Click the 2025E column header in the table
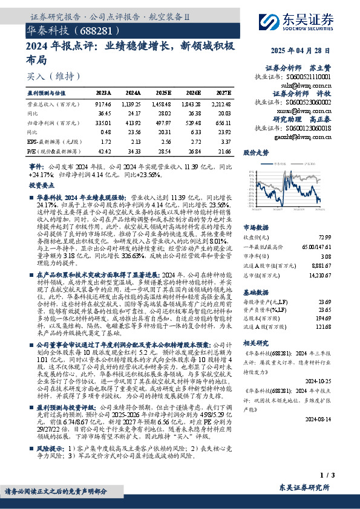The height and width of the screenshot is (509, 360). click(x=165, y=93)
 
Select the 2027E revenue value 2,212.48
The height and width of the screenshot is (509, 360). click(x=221, y=105)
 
